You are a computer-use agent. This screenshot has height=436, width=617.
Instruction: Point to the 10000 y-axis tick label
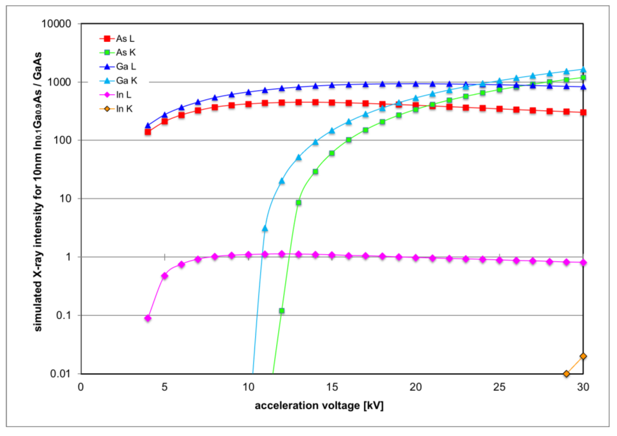pos(56,24)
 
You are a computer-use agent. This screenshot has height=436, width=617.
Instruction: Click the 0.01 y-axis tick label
pos(61,374)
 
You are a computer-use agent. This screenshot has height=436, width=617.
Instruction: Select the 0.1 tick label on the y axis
pos(63,315)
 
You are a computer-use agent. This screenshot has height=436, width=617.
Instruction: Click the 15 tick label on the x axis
pos(332,387)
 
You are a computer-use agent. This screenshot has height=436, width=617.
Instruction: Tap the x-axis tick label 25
pos(499,387)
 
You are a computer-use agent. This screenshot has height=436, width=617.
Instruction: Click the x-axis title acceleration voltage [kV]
pos(319,406)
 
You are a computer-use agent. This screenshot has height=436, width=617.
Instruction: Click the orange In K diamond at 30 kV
pos(583,356)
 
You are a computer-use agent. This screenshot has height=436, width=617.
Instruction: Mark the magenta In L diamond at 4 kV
pos(148,318)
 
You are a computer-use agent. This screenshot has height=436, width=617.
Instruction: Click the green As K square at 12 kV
pos(282,311)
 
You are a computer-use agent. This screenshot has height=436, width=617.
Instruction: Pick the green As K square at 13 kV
pos(298,202)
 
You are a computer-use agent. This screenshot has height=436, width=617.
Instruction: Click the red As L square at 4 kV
pos(148,132)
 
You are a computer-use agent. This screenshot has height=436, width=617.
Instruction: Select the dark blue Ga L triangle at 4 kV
pos(148,126)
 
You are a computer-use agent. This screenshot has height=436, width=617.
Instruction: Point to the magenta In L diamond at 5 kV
pos(164,276)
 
